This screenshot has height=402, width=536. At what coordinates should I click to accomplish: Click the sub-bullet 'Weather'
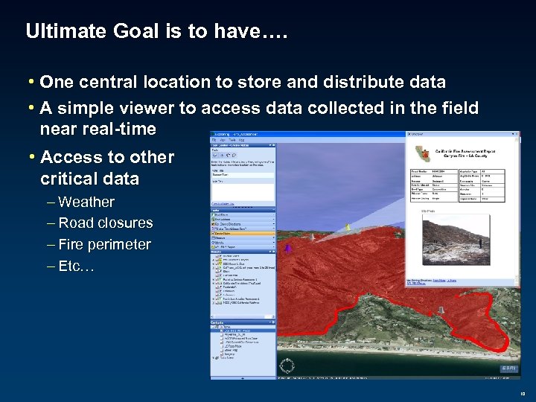[86, 202]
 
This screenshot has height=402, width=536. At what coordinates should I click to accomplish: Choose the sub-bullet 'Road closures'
[105, 223]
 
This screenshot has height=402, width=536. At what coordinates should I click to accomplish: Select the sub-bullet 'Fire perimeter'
[104, 244]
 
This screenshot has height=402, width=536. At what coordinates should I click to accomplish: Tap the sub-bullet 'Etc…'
[76, 266]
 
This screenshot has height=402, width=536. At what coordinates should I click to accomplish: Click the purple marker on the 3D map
[289, 247]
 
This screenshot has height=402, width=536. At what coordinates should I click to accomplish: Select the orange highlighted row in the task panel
[243, 232]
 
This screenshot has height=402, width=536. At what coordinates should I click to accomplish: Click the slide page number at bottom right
[523, 395]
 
